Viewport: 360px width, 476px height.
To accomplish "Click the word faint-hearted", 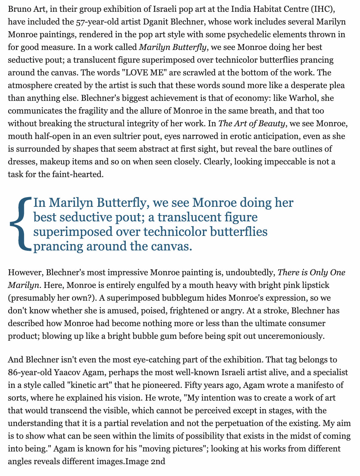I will click(77, 174).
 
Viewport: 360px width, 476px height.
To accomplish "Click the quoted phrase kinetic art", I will click(91, 385).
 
